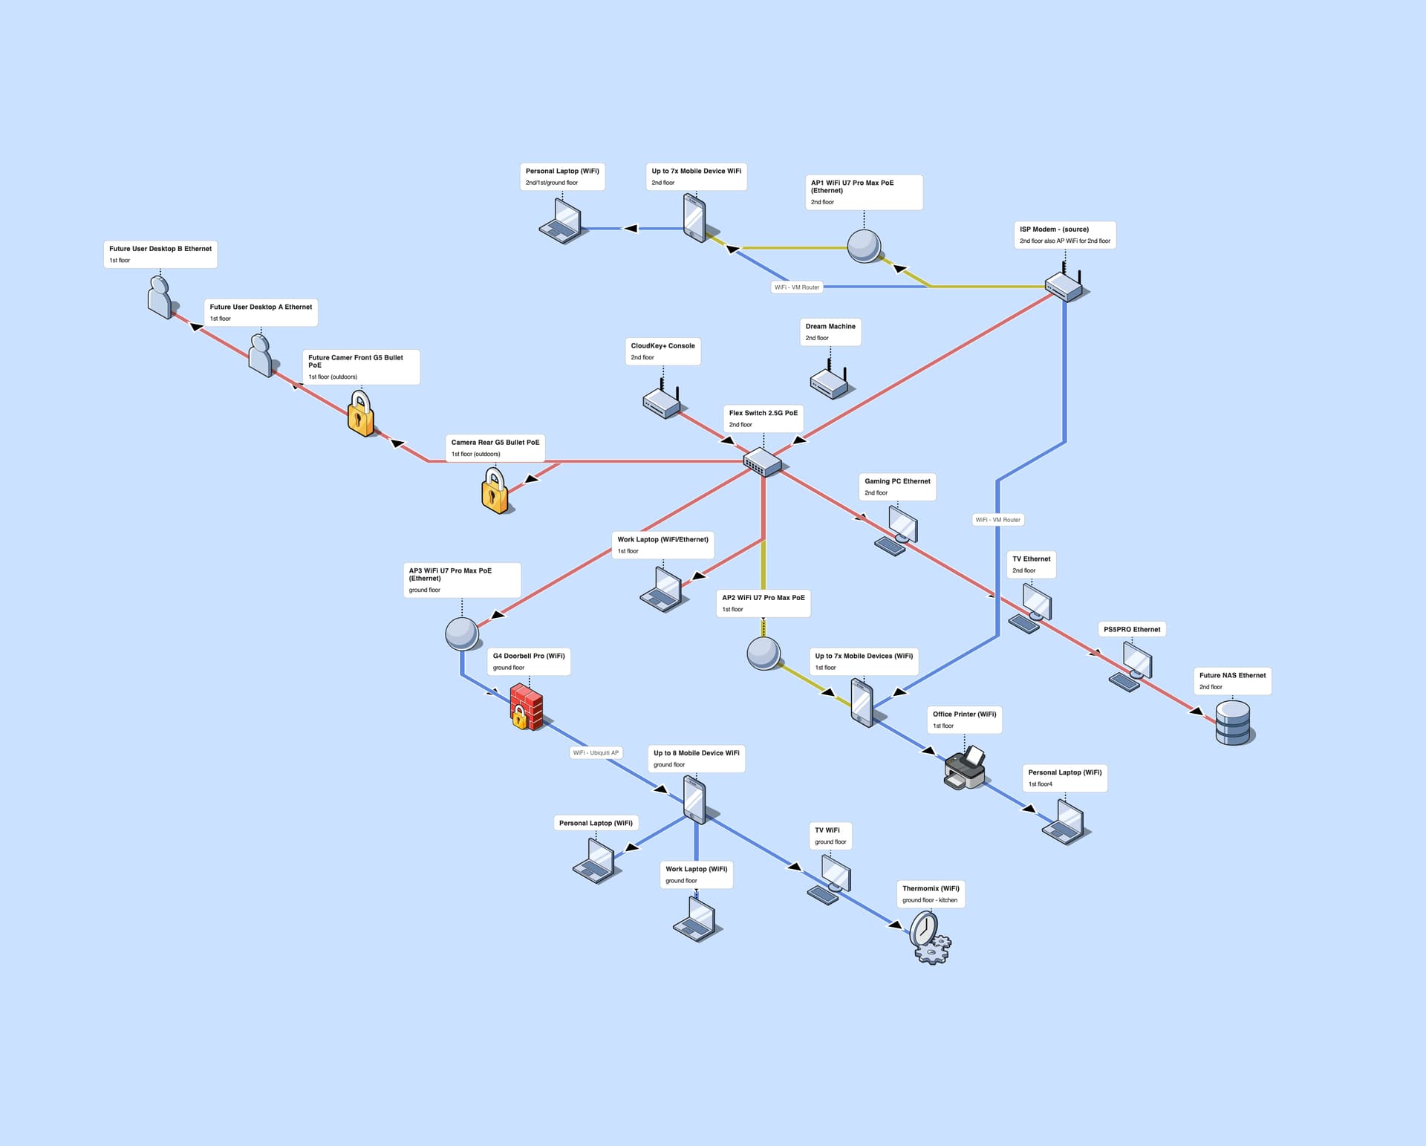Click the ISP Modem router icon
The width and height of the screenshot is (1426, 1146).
click(1065, 284)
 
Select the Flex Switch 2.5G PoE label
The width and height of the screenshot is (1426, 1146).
click(763, 418)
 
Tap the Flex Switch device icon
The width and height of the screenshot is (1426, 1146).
click(763, 462)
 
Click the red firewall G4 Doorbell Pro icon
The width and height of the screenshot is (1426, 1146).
click(527, 707)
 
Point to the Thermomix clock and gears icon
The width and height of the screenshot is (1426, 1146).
click(929, 937)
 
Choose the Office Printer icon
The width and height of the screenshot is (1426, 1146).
click(965, 769)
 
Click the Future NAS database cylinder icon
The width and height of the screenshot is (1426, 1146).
click(1233, 723)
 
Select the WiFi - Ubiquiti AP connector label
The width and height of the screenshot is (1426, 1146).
click(596, 752)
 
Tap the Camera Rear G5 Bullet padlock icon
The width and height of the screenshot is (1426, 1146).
click(495, 490)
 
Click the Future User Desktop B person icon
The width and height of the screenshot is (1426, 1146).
click(160, 297)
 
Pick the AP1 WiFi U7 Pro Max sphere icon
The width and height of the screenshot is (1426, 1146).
click(864, 246)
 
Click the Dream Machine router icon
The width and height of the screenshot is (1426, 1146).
click(830, 380)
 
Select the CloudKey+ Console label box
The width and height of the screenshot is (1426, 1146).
click(662, 351)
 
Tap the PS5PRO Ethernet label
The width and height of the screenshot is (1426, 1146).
click(1131, 629)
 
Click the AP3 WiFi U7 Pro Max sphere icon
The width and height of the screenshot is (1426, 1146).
click(461, 634)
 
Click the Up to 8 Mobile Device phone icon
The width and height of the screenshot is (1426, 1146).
click(694, 800)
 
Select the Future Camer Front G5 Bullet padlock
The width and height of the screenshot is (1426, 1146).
click(360, 414)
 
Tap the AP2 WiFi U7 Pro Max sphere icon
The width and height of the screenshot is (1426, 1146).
click(764, 653)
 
